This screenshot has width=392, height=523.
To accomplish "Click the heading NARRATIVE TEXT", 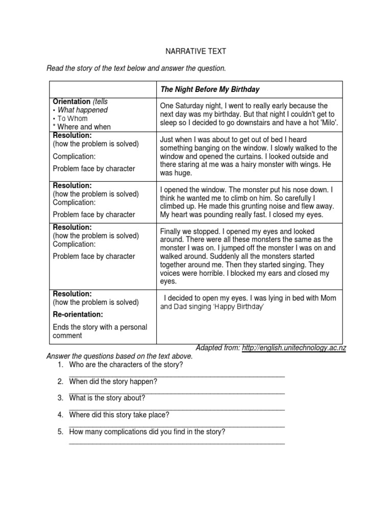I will pyautogui.click(x=195, y=52).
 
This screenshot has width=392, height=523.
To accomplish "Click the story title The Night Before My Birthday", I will pyautogui.click(x=210, y=89).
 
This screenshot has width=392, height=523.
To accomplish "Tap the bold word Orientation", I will pyautogui.click(x=71, y=102).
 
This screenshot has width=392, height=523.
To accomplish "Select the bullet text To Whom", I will pyautogui.click(x=72, y=118).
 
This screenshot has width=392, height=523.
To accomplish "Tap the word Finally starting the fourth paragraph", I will pyautogui.click(x=172, y=231).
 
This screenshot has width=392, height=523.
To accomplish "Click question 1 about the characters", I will pyautogui.click(x=126, y=365).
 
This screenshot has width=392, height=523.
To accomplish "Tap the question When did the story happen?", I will pyautogui.click(x=113, y=381).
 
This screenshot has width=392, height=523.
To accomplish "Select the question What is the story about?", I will pyautogui.click(x=107, y=398).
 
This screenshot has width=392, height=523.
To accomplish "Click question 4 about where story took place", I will pyautogui.click(x=119, y=415).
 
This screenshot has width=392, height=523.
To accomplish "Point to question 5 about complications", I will pyautogui.click(x=147, y=432).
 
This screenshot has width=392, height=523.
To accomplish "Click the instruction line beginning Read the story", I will pyautogui.click(x=136, y=68).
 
